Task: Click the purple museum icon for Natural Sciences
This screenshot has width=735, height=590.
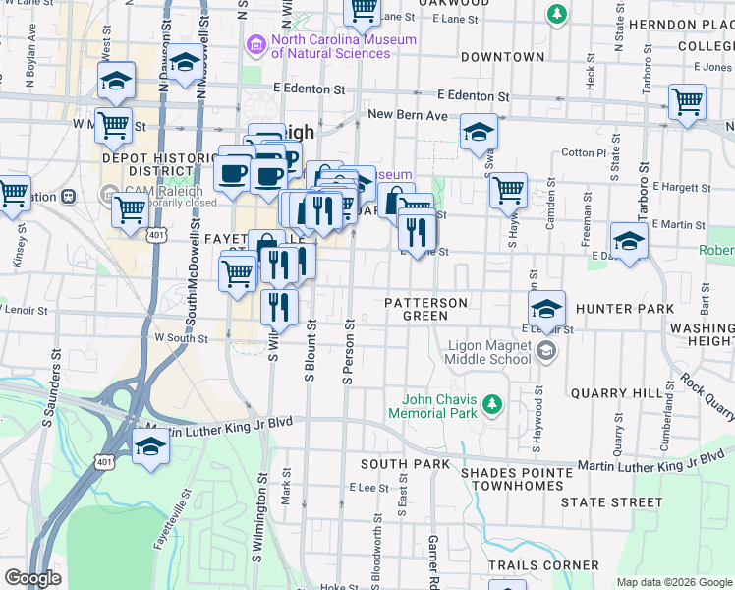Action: pyautogui.click(x=256, y=44)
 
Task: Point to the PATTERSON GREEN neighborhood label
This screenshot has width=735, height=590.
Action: pyautogui.click(x=425, y=309)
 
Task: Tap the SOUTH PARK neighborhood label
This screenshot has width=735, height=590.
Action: pyautogui.click(x=397, y=463)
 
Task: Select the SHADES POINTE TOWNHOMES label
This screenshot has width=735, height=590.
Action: pyautogui.click(x=517, y=480)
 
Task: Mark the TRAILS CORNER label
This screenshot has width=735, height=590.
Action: pyautogui.click(x=543, y=565)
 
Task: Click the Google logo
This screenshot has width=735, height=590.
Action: pyautogui.click(x=32, y=578)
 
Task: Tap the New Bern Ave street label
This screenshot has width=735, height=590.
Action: pyautogui.click(x=407, y=115)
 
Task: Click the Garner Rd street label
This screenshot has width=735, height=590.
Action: pyautogui.click(x=432, y=557)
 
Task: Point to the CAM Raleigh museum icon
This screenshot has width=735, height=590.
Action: pyautogui.click(x=109, y=193)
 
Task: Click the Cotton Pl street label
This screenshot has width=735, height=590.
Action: pyautogui.click(x=584, y=153)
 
